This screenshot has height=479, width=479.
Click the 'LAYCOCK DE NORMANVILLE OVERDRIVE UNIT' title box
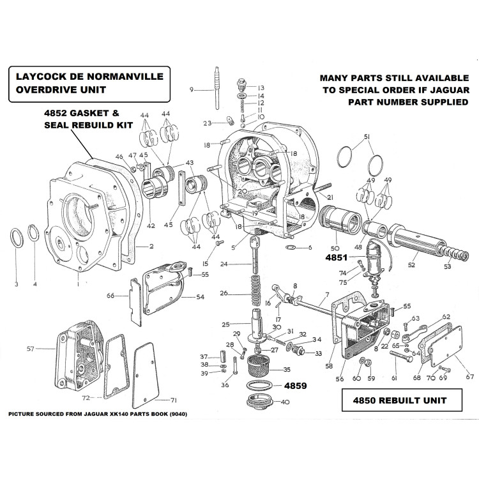87,86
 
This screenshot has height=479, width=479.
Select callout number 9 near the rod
191,89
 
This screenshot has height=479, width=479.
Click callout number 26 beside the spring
222,294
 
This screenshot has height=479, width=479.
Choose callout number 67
469,377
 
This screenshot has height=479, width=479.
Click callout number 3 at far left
17,283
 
